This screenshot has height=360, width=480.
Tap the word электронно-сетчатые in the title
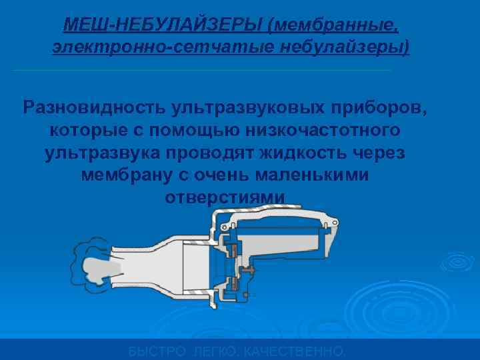point(144,48)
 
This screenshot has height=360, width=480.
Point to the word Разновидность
point(95,107)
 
